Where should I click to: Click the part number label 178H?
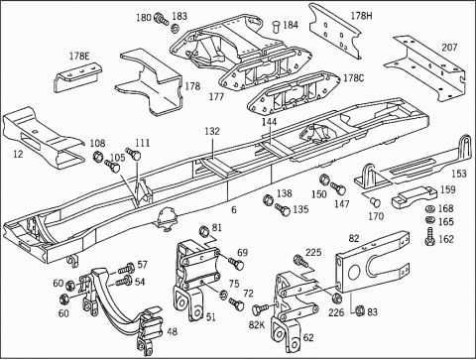[361, 16]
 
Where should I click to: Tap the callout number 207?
[449, 48]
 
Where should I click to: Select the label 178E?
[79, 56]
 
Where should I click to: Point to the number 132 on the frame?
[212, 131]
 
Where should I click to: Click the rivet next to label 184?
[276, 27]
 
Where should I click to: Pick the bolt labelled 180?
[162, 19]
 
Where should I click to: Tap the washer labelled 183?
[175, 29]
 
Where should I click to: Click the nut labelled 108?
[97, 155]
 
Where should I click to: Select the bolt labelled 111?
[133, 154]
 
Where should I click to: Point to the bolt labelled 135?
[283, 209]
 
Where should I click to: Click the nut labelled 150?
[324, 180]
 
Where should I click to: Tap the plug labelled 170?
[376, 201]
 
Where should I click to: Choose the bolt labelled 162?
[430, 237]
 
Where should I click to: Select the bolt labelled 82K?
[260, 309]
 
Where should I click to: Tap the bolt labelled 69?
[236, 263]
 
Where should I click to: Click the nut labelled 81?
[204, 231]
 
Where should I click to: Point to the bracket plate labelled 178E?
[77, 77]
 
